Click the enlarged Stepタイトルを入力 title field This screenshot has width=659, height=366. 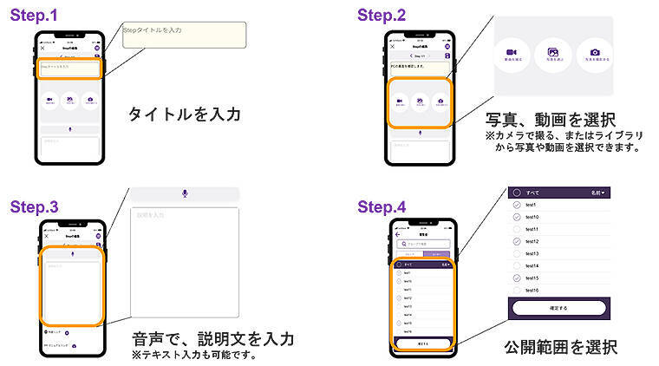click(x=184, y=34)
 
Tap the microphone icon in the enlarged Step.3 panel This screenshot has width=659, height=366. click(x=185, y=193)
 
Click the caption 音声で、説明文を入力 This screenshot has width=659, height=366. click(x=212, y=337)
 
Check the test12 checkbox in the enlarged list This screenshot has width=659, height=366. click(x=516, y=241)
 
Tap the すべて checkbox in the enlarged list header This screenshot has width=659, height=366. click(x=517, y=193)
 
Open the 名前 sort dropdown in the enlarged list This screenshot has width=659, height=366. click(x=597, y=193)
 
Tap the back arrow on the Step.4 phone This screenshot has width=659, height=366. click(x=398, y=235)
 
